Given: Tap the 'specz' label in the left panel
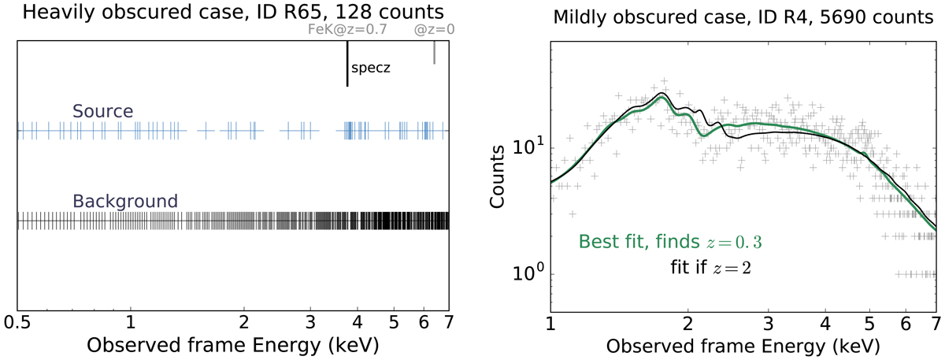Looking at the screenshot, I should point(371,68).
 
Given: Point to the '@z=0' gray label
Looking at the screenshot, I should point(434,31).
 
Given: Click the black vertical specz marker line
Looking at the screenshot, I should point(346,63).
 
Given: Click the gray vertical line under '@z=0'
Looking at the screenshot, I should point(434,53).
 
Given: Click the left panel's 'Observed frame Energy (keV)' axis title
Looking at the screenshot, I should point(232,346).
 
